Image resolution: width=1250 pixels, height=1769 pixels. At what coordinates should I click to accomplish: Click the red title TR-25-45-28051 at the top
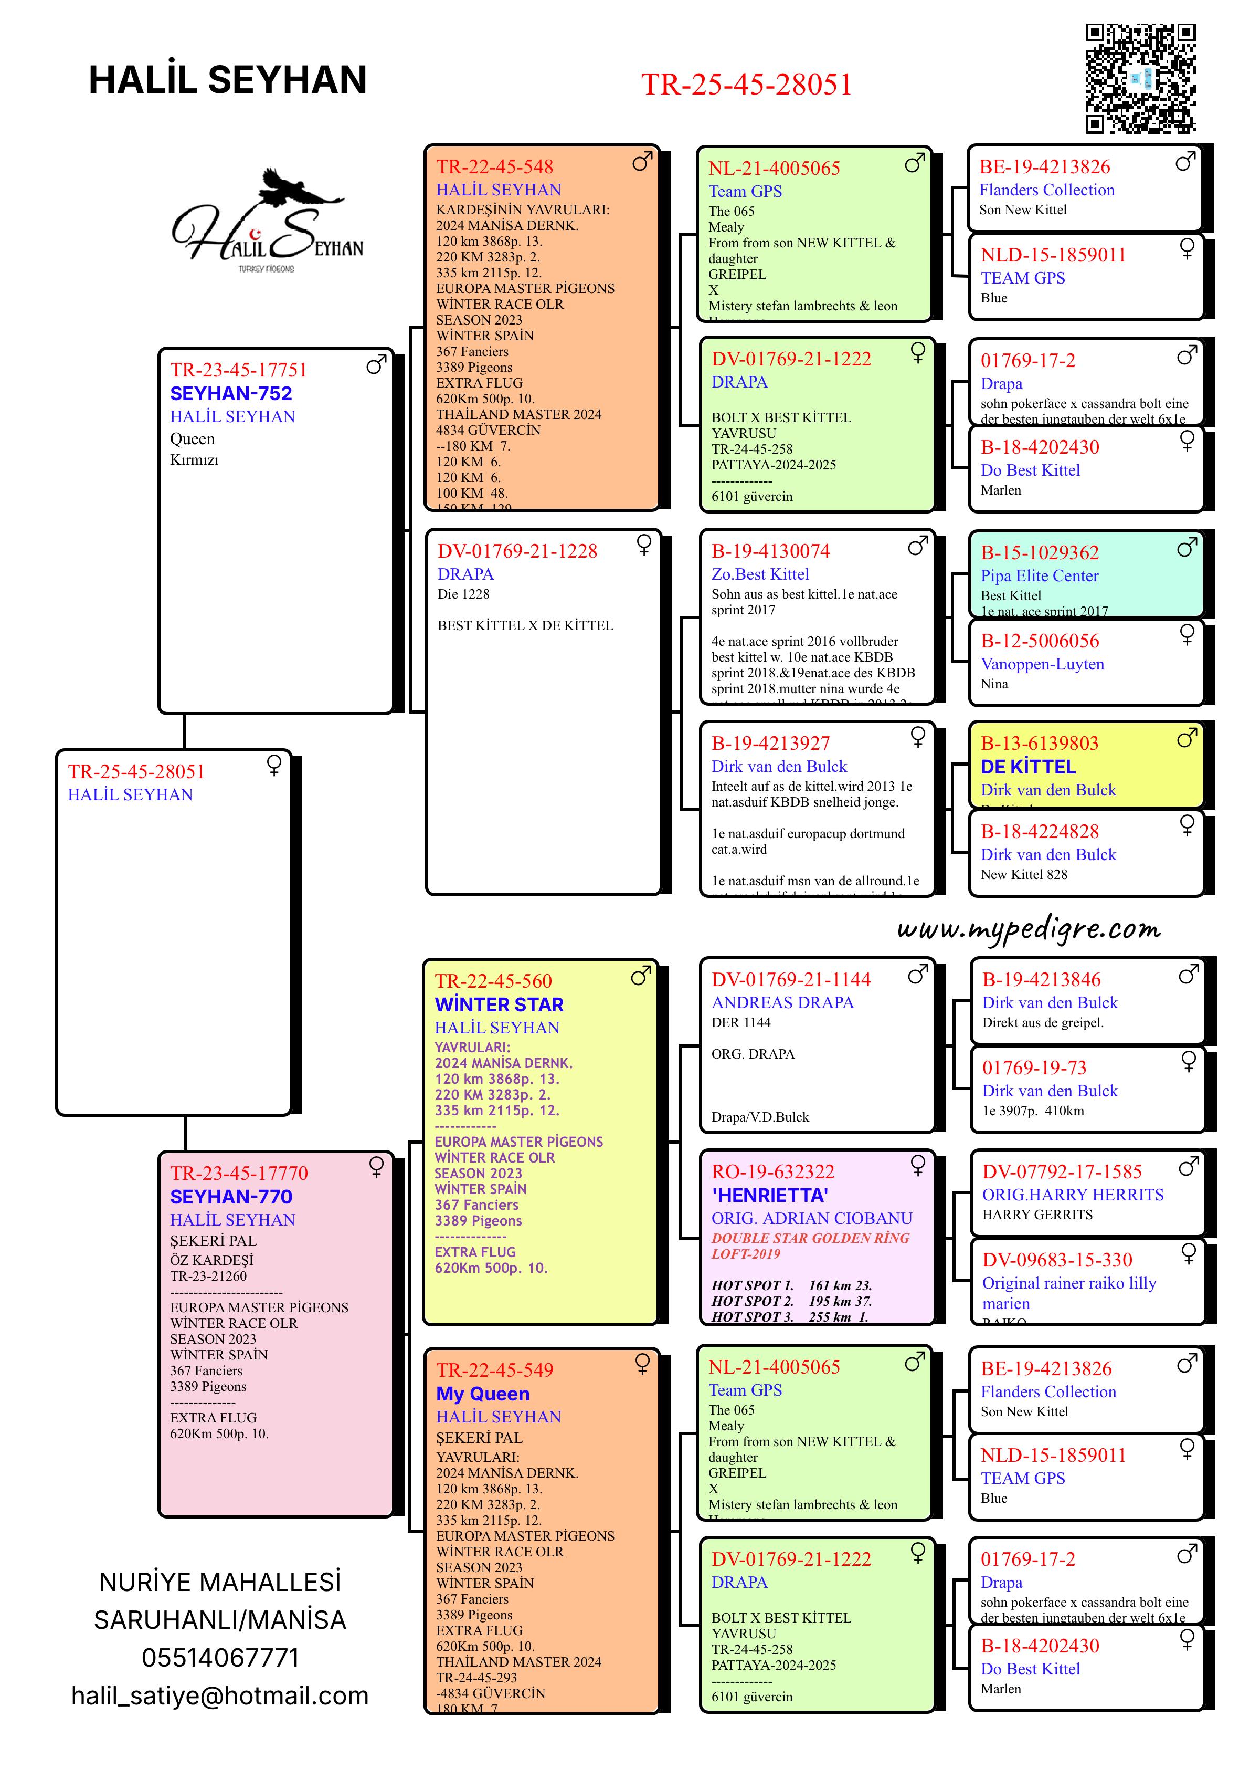[746, 85]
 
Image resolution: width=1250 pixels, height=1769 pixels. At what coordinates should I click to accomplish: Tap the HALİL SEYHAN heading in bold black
[228, 80]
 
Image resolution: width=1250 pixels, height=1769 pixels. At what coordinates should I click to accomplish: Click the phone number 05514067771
[220, 1657]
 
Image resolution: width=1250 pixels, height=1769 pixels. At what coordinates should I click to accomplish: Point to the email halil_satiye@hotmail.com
[220, 1696]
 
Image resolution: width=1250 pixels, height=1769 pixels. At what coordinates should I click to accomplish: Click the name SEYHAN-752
[231, 394]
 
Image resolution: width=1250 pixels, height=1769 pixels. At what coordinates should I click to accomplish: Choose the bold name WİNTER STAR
[499, 1004]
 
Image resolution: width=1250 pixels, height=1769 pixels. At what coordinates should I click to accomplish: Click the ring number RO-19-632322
[772, 1172]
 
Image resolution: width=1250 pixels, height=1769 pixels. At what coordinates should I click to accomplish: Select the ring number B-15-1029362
[1040, 552]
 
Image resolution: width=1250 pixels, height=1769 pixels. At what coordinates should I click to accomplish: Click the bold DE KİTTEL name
[1028, 767]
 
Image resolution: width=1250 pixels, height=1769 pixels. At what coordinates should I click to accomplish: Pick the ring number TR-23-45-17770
[239, 1174]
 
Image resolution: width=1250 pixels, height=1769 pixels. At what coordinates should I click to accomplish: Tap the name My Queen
[483, 1394]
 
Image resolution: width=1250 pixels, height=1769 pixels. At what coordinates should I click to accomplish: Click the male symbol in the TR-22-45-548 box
[642, 161]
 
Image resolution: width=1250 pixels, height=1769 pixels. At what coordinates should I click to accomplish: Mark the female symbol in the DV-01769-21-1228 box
[644, 545]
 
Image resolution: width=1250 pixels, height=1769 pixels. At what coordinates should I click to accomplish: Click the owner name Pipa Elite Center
[1039, 575]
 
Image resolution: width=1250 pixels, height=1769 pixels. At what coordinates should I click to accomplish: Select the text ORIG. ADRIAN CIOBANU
[812, 1218]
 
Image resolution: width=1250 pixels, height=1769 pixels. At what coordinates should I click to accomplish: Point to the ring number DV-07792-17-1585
[1061, 1172]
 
